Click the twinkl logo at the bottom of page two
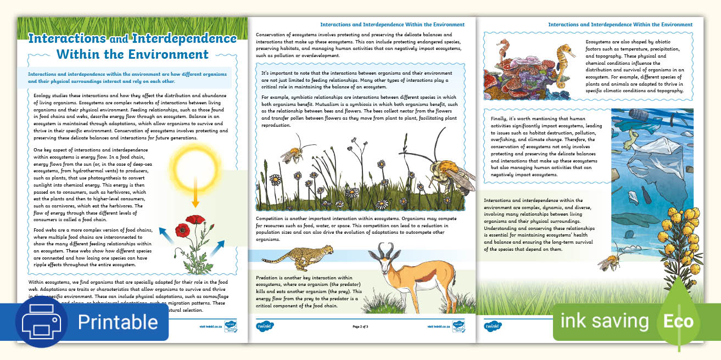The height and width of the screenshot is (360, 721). coord(264,326)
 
